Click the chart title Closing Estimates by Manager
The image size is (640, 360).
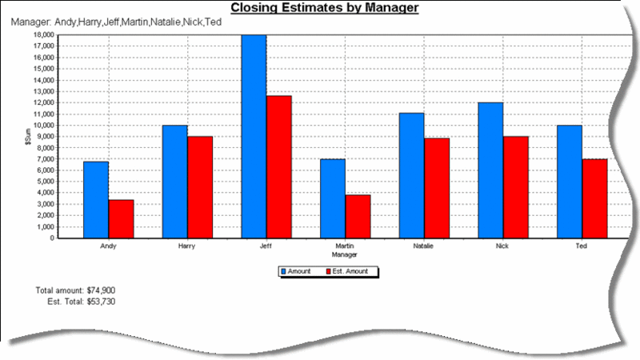point(324,9)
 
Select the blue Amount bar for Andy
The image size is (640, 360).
point(96,200)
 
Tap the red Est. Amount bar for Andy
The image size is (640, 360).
point(121,218)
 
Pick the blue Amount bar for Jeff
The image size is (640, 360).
point(254,136)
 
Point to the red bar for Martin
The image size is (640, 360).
point(358,216)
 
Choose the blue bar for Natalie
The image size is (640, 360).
point(411,175)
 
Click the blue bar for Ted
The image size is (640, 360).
point(569,182)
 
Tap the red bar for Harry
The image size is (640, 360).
point(200,187)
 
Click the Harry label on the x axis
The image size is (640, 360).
point(187,246)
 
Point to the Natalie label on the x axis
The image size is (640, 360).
point(424,246)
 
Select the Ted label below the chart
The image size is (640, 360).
point(582,246)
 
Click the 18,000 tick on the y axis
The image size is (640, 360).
point(42,34)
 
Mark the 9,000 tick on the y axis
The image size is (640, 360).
point(44,136)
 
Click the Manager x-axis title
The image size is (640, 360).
point(345,254)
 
